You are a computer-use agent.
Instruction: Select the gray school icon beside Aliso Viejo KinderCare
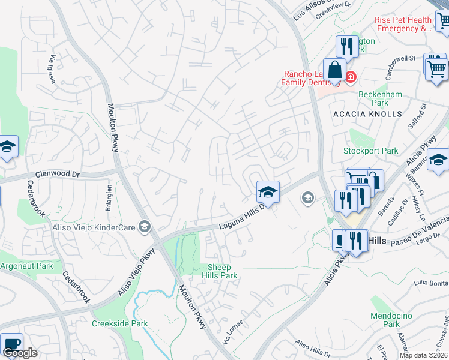coord(144,226)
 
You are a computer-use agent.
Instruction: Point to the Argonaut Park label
coord(26,266)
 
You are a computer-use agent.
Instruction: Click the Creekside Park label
coord(119,323)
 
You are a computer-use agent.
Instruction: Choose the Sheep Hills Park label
coord(222,271)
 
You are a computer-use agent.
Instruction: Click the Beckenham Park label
coord(379,99)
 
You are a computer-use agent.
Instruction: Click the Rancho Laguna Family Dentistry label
coord(311,79)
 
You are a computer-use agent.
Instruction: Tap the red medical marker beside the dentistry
coord(350,77)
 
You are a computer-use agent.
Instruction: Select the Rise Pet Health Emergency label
coord(403,24)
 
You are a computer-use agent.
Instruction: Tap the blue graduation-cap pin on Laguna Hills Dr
coord(268,191)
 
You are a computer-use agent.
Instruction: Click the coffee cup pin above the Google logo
coord(11,344)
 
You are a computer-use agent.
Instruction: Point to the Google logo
coord(19,353)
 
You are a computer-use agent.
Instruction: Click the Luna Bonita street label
coord(431,283)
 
